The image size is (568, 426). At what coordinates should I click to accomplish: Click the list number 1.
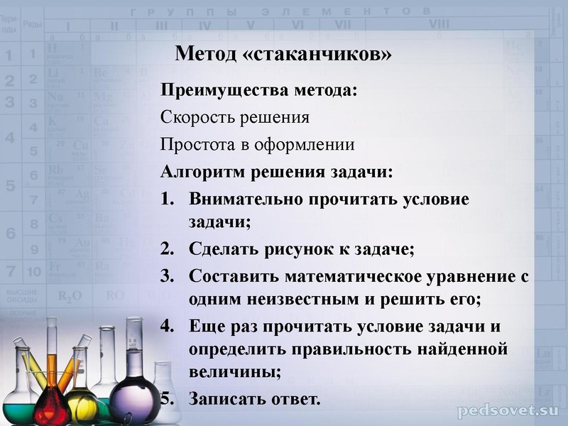tap(167, 199)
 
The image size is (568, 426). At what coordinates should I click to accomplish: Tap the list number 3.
tap(167, 276)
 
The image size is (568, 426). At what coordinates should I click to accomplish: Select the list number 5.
tap(167, 398)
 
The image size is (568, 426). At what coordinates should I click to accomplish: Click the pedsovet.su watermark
tap(508, 410)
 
